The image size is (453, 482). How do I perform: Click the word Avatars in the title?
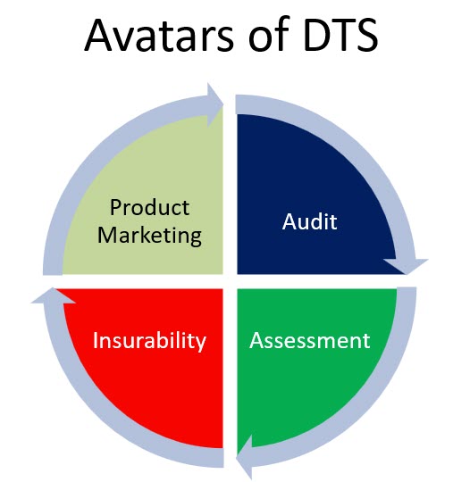point(159,35)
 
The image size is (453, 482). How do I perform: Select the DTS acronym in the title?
point(340,35)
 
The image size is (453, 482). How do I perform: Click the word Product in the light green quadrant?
point(149,207)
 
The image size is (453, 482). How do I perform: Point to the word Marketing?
point(149,236)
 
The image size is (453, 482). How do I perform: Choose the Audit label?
point(309,221)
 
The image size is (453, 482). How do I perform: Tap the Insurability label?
point(149,341)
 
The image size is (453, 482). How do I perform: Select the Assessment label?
point(309,340)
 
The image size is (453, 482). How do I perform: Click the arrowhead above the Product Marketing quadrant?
point(214,104)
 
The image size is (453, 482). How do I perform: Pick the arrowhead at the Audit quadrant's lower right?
point(406,266)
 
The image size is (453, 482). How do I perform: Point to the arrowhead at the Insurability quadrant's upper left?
point(53,295)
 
